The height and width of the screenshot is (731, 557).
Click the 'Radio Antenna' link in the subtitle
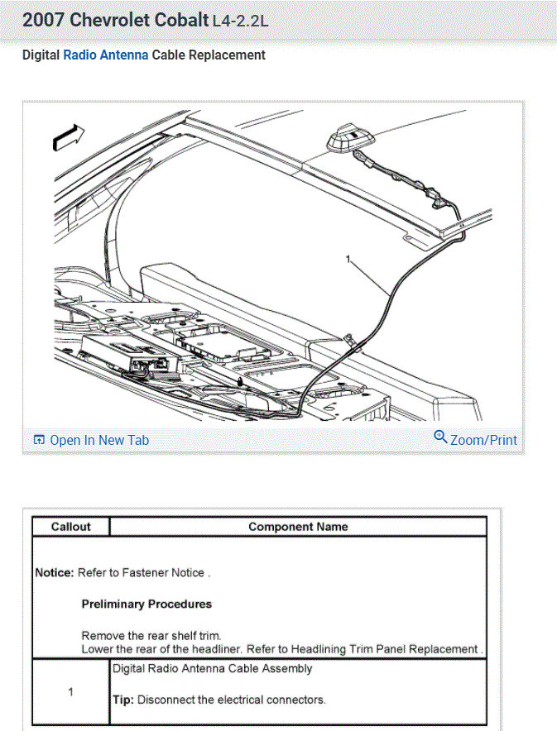coord(106,55)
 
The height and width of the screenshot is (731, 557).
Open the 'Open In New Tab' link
coord(98,440)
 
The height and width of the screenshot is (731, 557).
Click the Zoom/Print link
coord(483,440)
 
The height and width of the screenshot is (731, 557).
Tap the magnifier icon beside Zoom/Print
coord(440,437)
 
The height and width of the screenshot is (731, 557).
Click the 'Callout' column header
coord(70,527)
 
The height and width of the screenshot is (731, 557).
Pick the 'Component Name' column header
coord(298,527)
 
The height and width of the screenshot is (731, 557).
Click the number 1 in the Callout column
coord(70,692)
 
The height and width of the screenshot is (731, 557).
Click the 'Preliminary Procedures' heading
coord(146,604)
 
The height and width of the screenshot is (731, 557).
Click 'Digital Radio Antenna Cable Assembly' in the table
coord(213,668)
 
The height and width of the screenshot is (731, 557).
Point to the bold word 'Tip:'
coord(122,700)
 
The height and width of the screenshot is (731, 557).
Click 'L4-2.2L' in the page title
coord(241,21)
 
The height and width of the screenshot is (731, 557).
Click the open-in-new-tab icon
coord(39,440)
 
